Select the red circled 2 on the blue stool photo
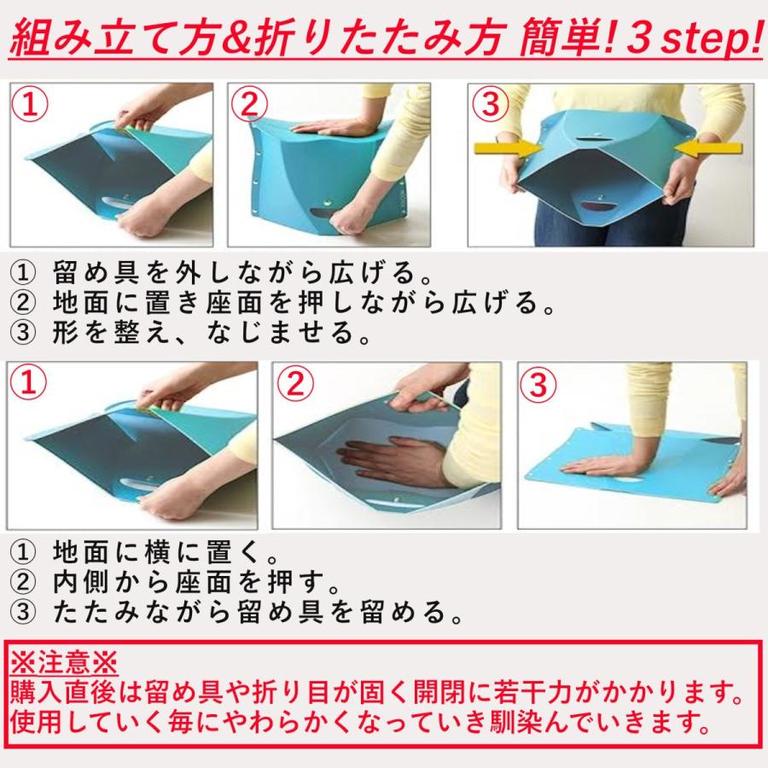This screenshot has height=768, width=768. pyautogui.click(x=249, y=105)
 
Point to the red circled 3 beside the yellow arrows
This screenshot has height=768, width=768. pyautogui.click(x=491, y=104)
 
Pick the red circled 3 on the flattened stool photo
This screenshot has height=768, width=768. pyautogui.click(x=538, y=384)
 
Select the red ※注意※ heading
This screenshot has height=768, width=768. pyautogui.click(x=64, y=663)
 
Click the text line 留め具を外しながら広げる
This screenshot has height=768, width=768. pyautogui.click(x=241, y=272)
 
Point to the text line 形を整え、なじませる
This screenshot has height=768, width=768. pyautogui.click(x=211, y=332)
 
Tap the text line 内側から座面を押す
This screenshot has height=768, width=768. pyautogui.click(x=196, y=582)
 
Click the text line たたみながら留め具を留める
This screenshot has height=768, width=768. pyautogui.click(x=257, y=612)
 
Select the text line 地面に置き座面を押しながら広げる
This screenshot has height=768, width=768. pyautogui.click(x=303, y=302)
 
